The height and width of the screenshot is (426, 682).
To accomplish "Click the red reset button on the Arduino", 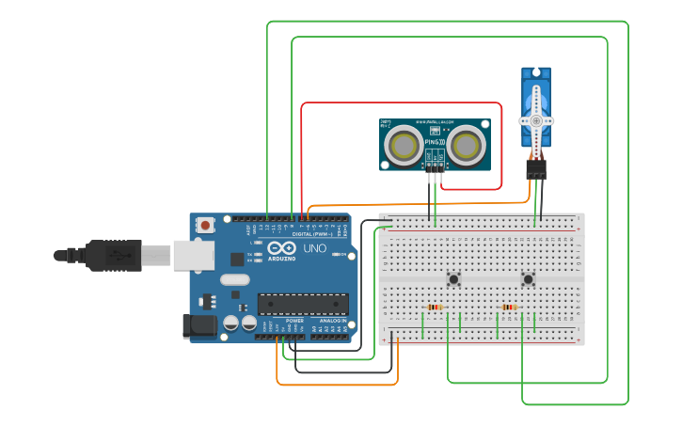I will (205, 225).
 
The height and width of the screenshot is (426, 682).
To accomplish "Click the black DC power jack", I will (199, 326).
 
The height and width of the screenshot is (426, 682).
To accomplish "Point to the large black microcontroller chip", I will (303, 304).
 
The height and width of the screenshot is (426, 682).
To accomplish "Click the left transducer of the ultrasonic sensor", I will (404, 145).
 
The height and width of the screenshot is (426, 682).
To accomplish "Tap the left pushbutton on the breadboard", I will (453, 278).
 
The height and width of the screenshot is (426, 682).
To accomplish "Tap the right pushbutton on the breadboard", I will (528, 278).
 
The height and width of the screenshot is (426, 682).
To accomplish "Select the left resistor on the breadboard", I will (434, 307).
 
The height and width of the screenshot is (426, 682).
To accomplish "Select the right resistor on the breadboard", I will (509, 307).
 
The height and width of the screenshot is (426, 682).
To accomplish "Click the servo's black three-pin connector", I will (536, 169).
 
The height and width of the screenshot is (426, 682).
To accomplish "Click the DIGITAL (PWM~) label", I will (309, 234).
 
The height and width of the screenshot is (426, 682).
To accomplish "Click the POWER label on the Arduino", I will (294, 321).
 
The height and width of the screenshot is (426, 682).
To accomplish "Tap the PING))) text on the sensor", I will (435, 142).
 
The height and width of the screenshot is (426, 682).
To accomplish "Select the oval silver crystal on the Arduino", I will (235, 279).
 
